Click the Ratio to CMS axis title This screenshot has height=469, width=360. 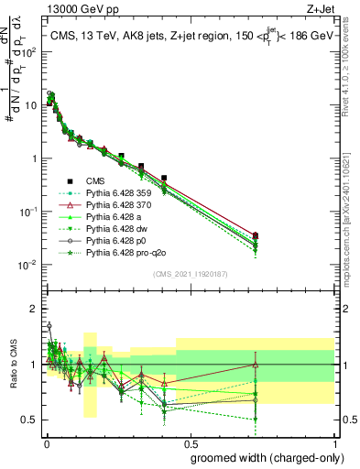(x=13, y=367)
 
